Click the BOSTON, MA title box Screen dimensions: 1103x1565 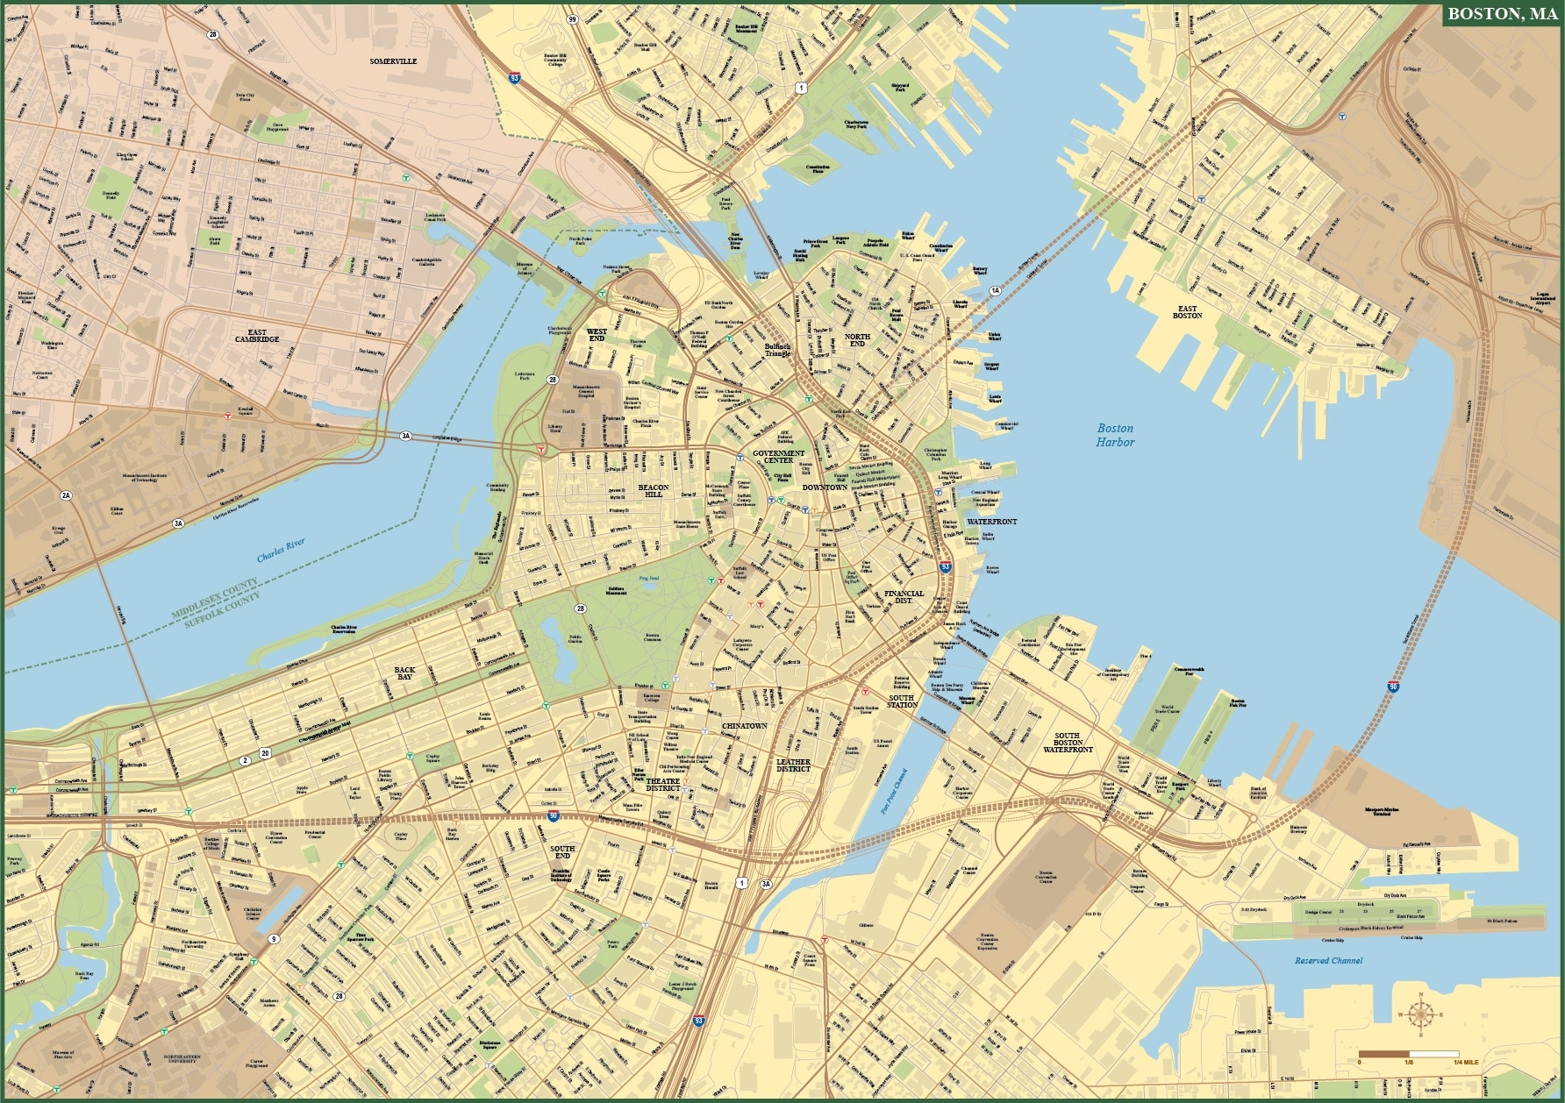[1501, 14]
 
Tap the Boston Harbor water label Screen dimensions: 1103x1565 [1115, 435]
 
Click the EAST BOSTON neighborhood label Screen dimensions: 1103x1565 [1187, 312]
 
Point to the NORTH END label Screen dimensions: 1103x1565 [857, 340]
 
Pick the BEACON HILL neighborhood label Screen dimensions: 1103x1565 [653, 490]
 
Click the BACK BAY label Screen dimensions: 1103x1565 [404, 673]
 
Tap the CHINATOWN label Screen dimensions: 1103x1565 [744, 726]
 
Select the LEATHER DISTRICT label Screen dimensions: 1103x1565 [793, 765]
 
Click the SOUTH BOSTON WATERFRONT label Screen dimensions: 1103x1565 [1068, 743]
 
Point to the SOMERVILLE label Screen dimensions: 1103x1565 [393, 61]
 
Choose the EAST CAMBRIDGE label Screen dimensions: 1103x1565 [257, 336]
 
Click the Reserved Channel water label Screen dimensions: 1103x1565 [1328, 961]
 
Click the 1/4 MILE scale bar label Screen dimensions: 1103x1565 [1466, 1062]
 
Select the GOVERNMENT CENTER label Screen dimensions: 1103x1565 [778, 457]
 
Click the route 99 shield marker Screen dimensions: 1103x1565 [572, 19]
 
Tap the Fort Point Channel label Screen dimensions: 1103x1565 [894, 792]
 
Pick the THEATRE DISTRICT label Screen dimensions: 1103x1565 [663, 785]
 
